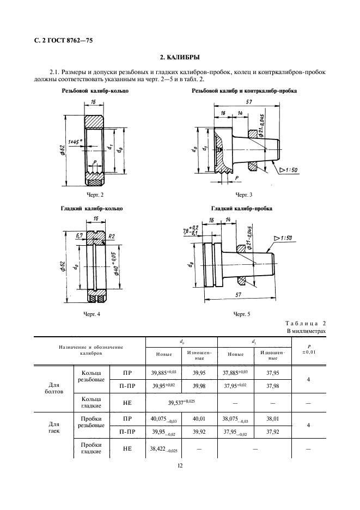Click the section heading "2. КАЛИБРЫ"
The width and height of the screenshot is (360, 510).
coord(179,57)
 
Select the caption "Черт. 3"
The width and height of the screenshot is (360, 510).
coord(243,195)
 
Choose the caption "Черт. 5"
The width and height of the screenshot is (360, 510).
coord(241,314)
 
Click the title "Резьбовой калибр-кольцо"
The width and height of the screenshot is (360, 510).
coord(95,90)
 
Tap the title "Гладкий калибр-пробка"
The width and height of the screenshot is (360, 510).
coord(241,209)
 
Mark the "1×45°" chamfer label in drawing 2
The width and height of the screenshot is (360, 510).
coord(71,141)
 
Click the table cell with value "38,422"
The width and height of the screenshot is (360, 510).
coord(162,450)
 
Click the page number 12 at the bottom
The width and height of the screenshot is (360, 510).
coord(180,466)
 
